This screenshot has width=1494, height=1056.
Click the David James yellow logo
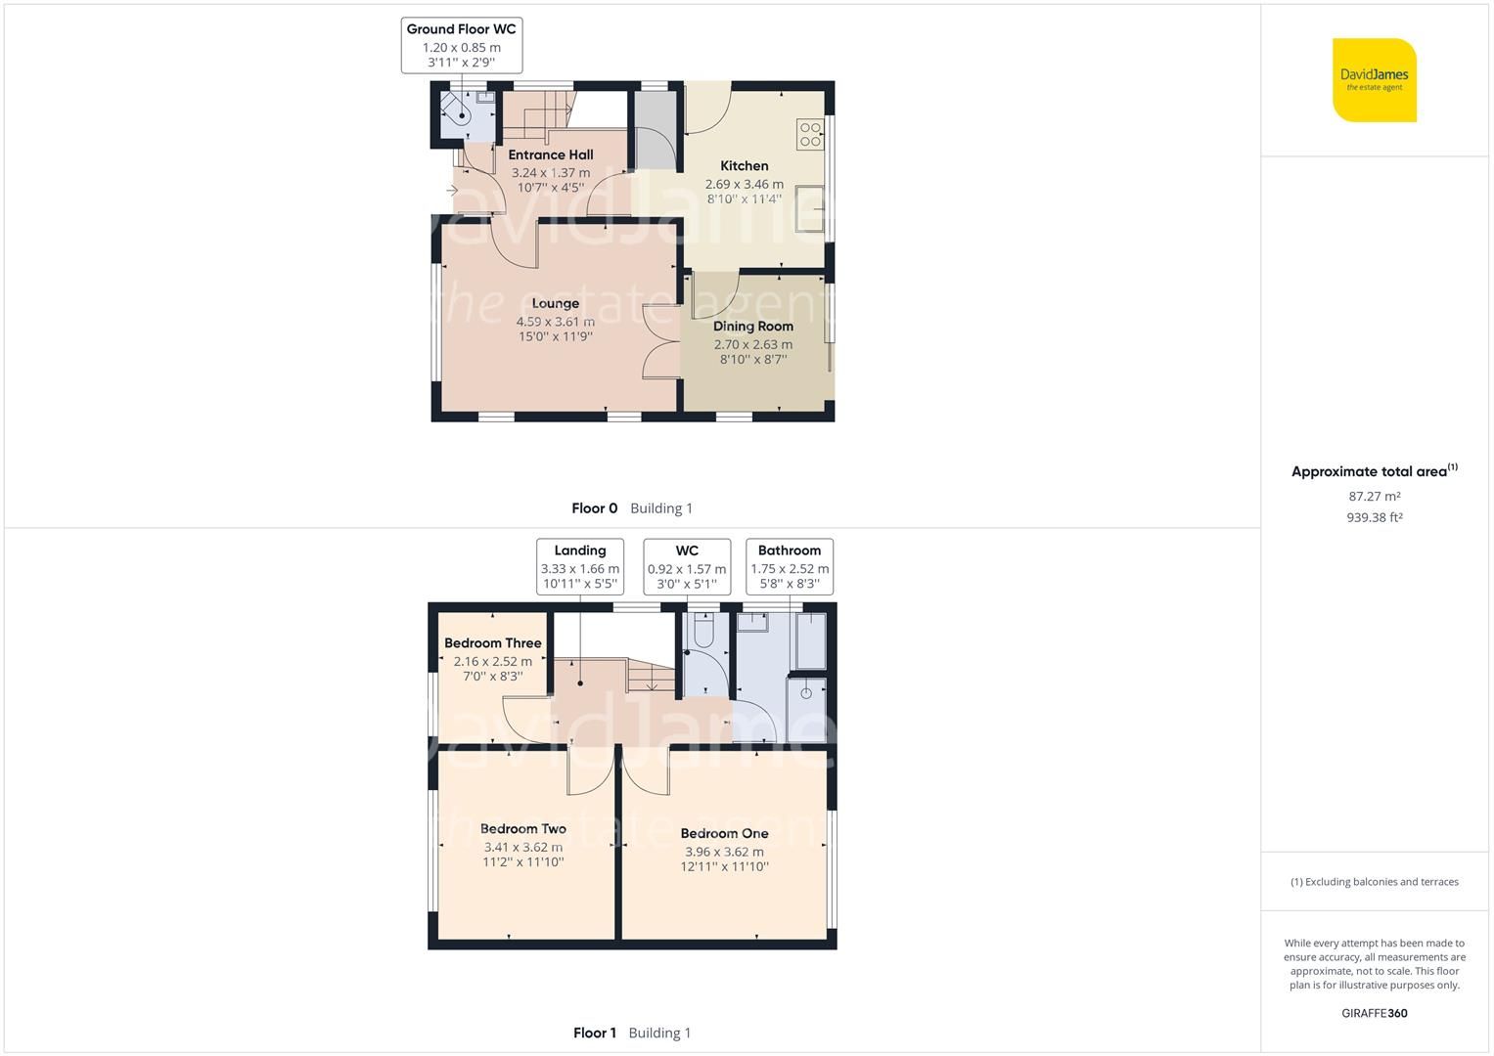pyautogui.click(x=1374, y=80)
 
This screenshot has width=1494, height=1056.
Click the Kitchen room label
pyautogui.click(x=744, y=166)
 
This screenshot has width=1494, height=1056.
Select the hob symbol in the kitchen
pyautogui.click(x=810, y=134)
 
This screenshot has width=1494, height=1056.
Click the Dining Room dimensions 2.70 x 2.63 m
pyautogui.click(x=752, y=344)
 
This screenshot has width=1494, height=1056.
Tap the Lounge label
pyautogui.click(x=555, y=303)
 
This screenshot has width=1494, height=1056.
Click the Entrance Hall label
pyautogui.click(x=550, y=154)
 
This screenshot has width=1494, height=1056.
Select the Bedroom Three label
pyautogui.click(x=492, y=643)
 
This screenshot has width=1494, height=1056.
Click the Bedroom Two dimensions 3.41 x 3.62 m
pyautogui.click(x=522, y=847)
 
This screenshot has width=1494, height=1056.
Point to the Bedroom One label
pyautogui.click(x=724, y=833)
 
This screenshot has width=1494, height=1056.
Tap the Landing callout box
pyautogui.click(x=579, y=566)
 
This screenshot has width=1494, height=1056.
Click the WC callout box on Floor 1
pyautogui.click(x=686, y=566)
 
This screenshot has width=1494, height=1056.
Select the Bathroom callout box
pyautogui.click(x=789, y=566)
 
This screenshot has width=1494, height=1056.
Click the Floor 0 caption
pyautogui.click(x=595, y=508)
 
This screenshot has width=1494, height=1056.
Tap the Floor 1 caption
pyautogui.click(x=595, y=1033)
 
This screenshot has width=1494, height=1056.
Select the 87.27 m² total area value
pyautogui.click(x=1374, y=496)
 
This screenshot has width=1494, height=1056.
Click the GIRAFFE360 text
pyautogui.click(x=1374, y=1013)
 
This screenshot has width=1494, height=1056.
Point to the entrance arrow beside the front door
pyautogui.click(x=452, y=191)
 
